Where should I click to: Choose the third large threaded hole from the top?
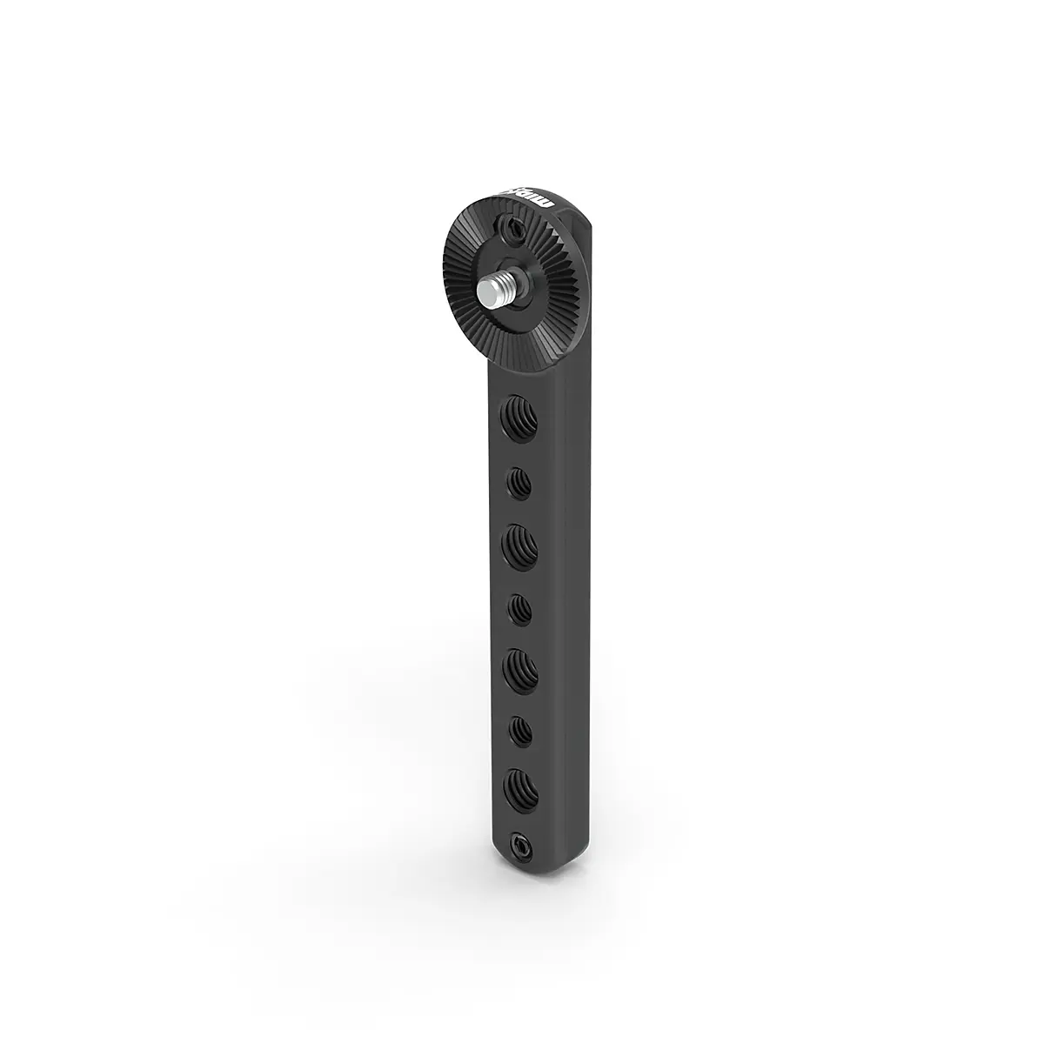pyautogui.click(x=520, y=669)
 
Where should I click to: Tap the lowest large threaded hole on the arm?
pyautogui.click(x=520, y=787)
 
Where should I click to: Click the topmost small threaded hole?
pyautogui.click(x=520, y=482)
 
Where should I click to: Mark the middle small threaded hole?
pyautogui.click(x=520, y=607)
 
